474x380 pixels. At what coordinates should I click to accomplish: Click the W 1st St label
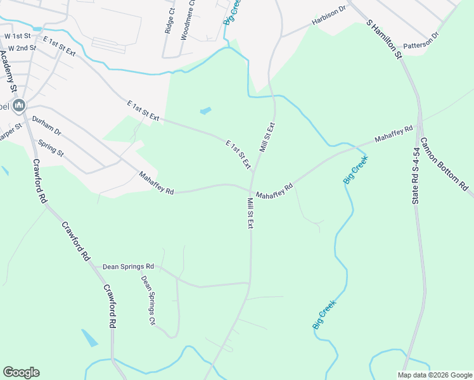pyautogui.click(x=17, y=36)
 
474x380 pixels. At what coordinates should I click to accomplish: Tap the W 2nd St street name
pyautogui.click(x=20, y=47)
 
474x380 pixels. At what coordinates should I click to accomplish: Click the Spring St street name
pyautogui.click(x=51, y=148)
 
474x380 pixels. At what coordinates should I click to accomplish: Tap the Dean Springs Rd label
pyautogui.click(x=129, y=267)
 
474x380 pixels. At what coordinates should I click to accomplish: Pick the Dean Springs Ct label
pyautogui.click(x=148, y=300)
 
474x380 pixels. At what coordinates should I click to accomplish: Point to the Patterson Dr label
pyautogui.click(x=421, y=40)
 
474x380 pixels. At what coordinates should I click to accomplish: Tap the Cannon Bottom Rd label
pyautogui.click(x=444, y=165)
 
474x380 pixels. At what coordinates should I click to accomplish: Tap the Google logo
pyautogui.click(x=21, y=372)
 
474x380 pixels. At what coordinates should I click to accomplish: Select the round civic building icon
pyautogui.click(x=19, y=105)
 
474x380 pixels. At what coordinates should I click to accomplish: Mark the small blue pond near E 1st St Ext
pyautogui.click(x=205, y=111)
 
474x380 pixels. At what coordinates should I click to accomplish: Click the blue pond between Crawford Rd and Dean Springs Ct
pyautogui.click(x=89, y=338)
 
